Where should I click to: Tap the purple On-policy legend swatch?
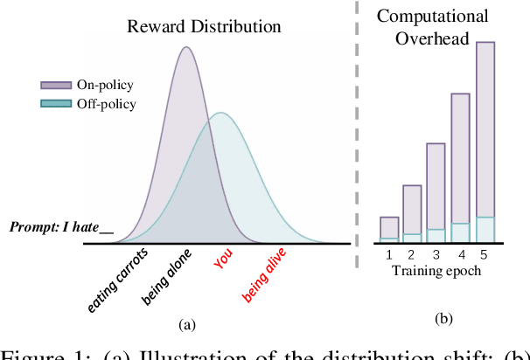57,85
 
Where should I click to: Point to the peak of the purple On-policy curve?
185,47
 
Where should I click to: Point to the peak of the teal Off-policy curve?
222,113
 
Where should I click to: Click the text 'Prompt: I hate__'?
61,228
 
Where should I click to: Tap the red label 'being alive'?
265,274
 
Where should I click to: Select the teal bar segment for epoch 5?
485,229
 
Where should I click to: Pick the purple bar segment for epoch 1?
389,226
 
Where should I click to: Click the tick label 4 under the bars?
461,254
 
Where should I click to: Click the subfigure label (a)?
186,324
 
